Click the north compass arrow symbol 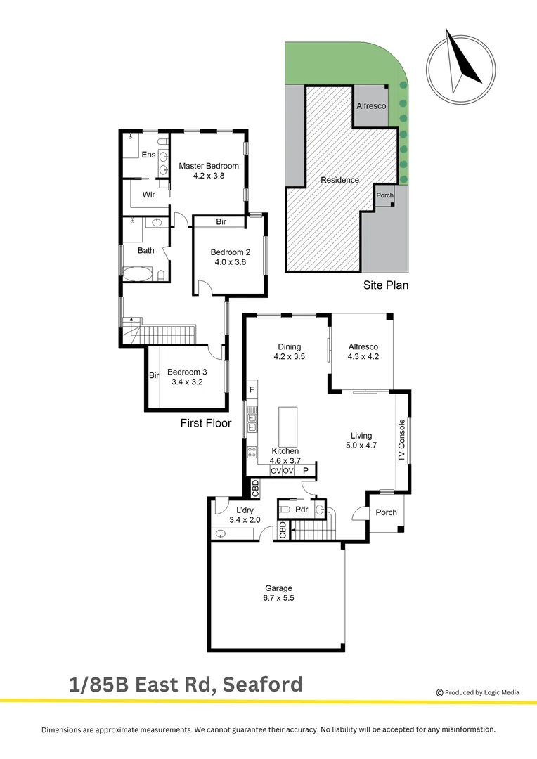coord(461,62)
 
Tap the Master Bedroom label coord(209,166)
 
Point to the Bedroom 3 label coord(187,372)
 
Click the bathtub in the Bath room coord(138,273)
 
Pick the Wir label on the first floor coord(148,195)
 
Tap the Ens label coord(149,155)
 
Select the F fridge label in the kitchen coord(252,389)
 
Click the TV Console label coord(402,440)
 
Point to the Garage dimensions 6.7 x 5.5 coord(278,598)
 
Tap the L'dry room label coord(244,510)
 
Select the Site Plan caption coord(385,285)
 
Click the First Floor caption coord(206,423)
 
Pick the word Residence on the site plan coord(339,180)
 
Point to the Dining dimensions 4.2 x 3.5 coord(289,357)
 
